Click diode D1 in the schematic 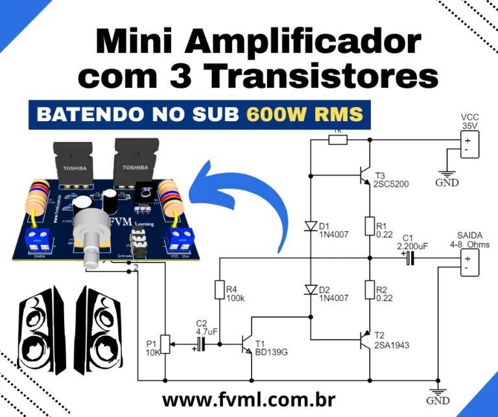(310, 226)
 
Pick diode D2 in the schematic (310, 289)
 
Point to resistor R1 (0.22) (369, 227)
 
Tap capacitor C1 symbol (409, 259)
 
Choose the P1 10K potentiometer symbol (165, 344)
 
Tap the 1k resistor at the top (338, 139)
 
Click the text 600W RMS (304, 114)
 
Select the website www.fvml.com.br (243, 400)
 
